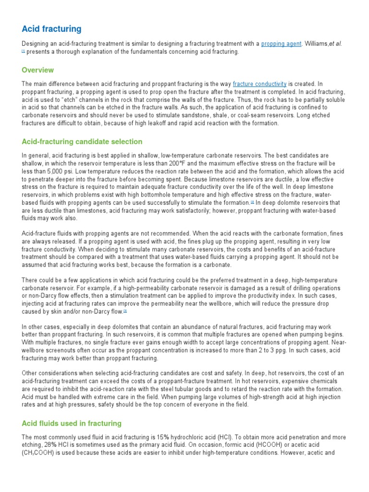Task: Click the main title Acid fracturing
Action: click(51, 29)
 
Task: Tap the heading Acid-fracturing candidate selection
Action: click(82, 142)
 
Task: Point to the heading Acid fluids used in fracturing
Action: click(72, 423)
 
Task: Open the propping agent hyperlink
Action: click(282, 44)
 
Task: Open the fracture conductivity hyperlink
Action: click(259, 84)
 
